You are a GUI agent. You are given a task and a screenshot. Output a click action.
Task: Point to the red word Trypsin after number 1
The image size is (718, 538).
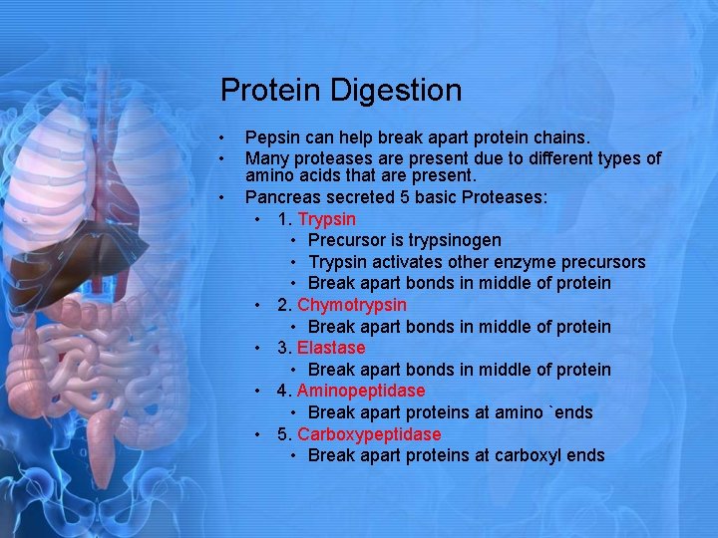[x=326, y=219]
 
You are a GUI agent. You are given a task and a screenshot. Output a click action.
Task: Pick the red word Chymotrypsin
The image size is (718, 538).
[x=351, y=305]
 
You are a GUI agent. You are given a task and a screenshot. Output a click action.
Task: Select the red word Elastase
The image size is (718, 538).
[x=331, y=348]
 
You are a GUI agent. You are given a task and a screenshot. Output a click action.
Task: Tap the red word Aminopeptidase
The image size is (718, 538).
[x=360, y=391]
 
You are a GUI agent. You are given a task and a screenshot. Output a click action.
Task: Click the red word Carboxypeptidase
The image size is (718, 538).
[x=368, y=434]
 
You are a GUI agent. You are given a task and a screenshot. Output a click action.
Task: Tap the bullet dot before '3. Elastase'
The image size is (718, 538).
[x=257, y=348]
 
